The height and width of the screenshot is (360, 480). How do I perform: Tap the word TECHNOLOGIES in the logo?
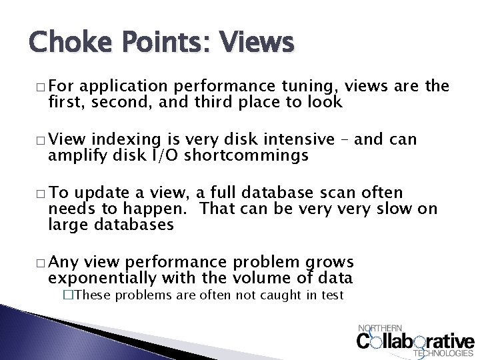pos(442,353)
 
